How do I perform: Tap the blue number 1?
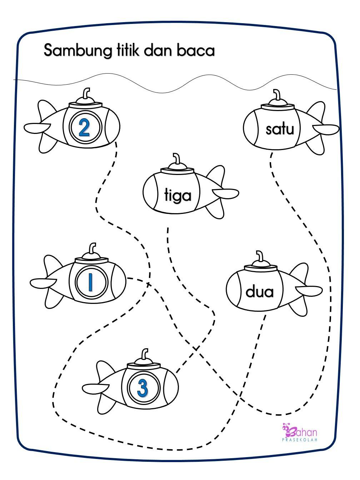coord(90,282)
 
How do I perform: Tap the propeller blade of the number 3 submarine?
coord(95,388)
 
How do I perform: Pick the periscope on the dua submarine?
coord(259,256)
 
